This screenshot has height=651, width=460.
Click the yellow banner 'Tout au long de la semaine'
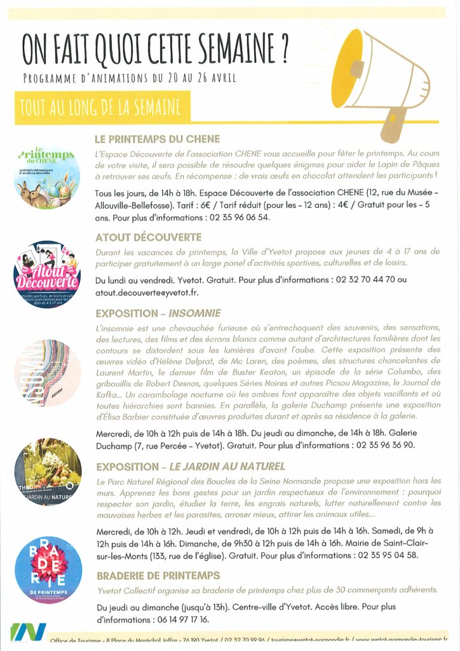(100, 108)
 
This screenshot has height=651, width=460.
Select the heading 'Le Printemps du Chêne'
(157, 139)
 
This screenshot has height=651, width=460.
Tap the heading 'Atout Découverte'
(148, 237)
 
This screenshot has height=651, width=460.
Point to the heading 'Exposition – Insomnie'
(158, 313)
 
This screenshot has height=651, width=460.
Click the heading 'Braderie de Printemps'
(158, 575)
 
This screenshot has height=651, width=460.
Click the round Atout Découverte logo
(46, 275)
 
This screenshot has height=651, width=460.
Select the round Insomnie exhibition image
(46, 373)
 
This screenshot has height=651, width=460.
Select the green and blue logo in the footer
(28, 633)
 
